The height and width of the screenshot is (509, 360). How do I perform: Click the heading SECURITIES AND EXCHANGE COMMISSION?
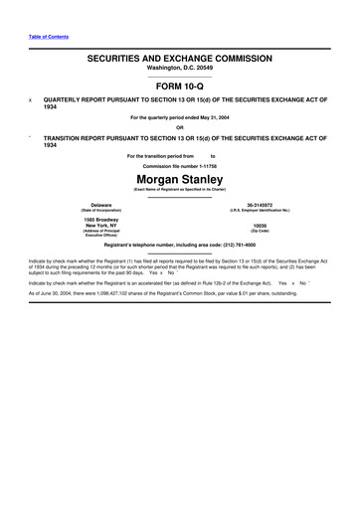pyautogui.click(x=180, y=60)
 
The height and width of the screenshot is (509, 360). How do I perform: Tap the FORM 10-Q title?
pyautogui.click(x=180, y=86)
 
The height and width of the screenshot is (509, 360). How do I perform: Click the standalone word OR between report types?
pyautogui.click(x=180, y=127)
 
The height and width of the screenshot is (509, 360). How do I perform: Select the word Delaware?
pyautogui.click(x=94, y=205)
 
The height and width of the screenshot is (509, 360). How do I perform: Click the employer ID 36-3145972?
pyautogui.click(x=261, y=205)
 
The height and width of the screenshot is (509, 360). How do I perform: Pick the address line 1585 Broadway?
pyautogui.click(x=94, y=219)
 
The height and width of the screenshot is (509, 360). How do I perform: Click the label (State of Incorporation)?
pyautogui.click(x=94, y=211)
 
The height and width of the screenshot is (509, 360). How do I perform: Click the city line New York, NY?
pyautogui.click(x=94, y=225)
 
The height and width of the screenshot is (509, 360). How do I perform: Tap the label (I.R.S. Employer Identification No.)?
pyautogui.click(x=261, y=211)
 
